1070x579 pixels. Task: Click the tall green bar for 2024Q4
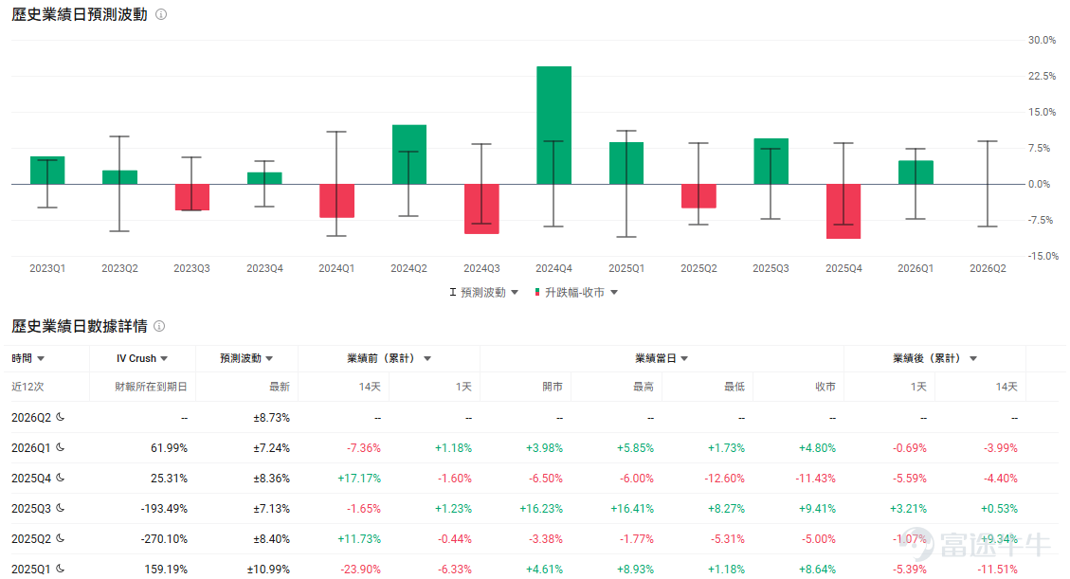[553, 125]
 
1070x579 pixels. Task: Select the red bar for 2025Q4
[843, 211]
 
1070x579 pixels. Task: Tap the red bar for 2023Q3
[191, 197]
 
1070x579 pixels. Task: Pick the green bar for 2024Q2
[408, 154]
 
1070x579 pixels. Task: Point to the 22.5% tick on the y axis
[1042, 76]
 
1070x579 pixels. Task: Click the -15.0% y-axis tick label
[1042, 256]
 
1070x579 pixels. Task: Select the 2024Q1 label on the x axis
[336, 269]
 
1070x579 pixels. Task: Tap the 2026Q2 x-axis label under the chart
[988, 269]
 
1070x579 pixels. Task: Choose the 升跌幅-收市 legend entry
[575, 293]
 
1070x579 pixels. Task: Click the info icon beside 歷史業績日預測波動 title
[161, 14]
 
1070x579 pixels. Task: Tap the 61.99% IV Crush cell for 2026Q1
[169, 448]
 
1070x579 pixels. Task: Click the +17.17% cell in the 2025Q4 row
[359, 478]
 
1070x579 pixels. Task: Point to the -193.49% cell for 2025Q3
[164, 509]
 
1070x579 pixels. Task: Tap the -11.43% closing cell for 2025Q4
[815, 478]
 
